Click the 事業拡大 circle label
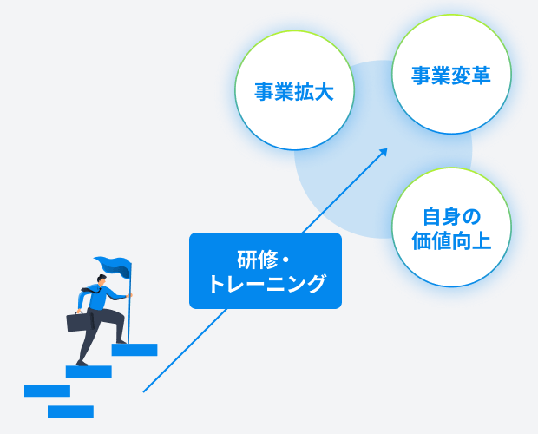click(294, 92)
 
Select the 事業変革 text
click(451, 76)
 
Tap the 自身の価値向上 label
click(451, 228)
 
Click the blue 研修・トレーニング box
click(266, 271)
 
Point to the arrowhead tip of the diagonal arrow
click(387, 148)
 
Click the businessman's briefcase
click(81, 322)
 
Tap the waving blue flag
click(113, 266)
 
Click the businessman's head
click(102, 279)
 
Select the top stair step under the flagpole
click(134, 350)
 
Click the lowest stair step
click(70, 411)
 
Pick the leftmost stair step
click(48, 391)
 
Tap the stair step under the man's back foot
click(89, 372)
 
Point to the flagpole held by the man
click(129, 303)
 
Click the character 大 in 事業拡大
click(324, 92)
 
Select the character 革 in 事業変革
click(481, 76)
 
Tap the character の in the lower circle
click(470, 217)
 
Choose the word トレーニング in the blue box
click(266, 284)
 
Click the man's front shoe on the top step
click(121, 342)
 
